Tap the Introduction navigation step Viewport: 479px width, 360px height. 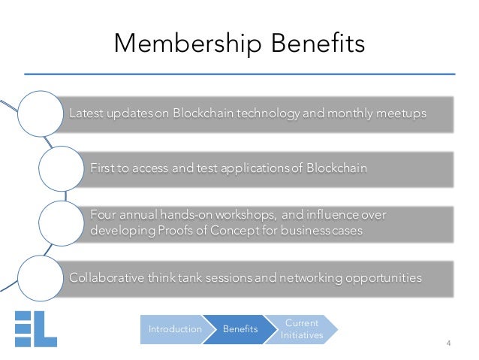click(174, 328)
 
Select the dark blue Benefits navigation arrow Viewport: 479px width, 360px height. click(241, 328)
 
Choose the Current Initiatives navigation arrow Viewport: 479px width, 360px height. click(303, 328)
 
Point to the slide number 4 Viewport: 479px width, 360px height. click(448, 344)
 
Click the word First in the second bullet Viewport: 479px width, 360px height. click(101, 168)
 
